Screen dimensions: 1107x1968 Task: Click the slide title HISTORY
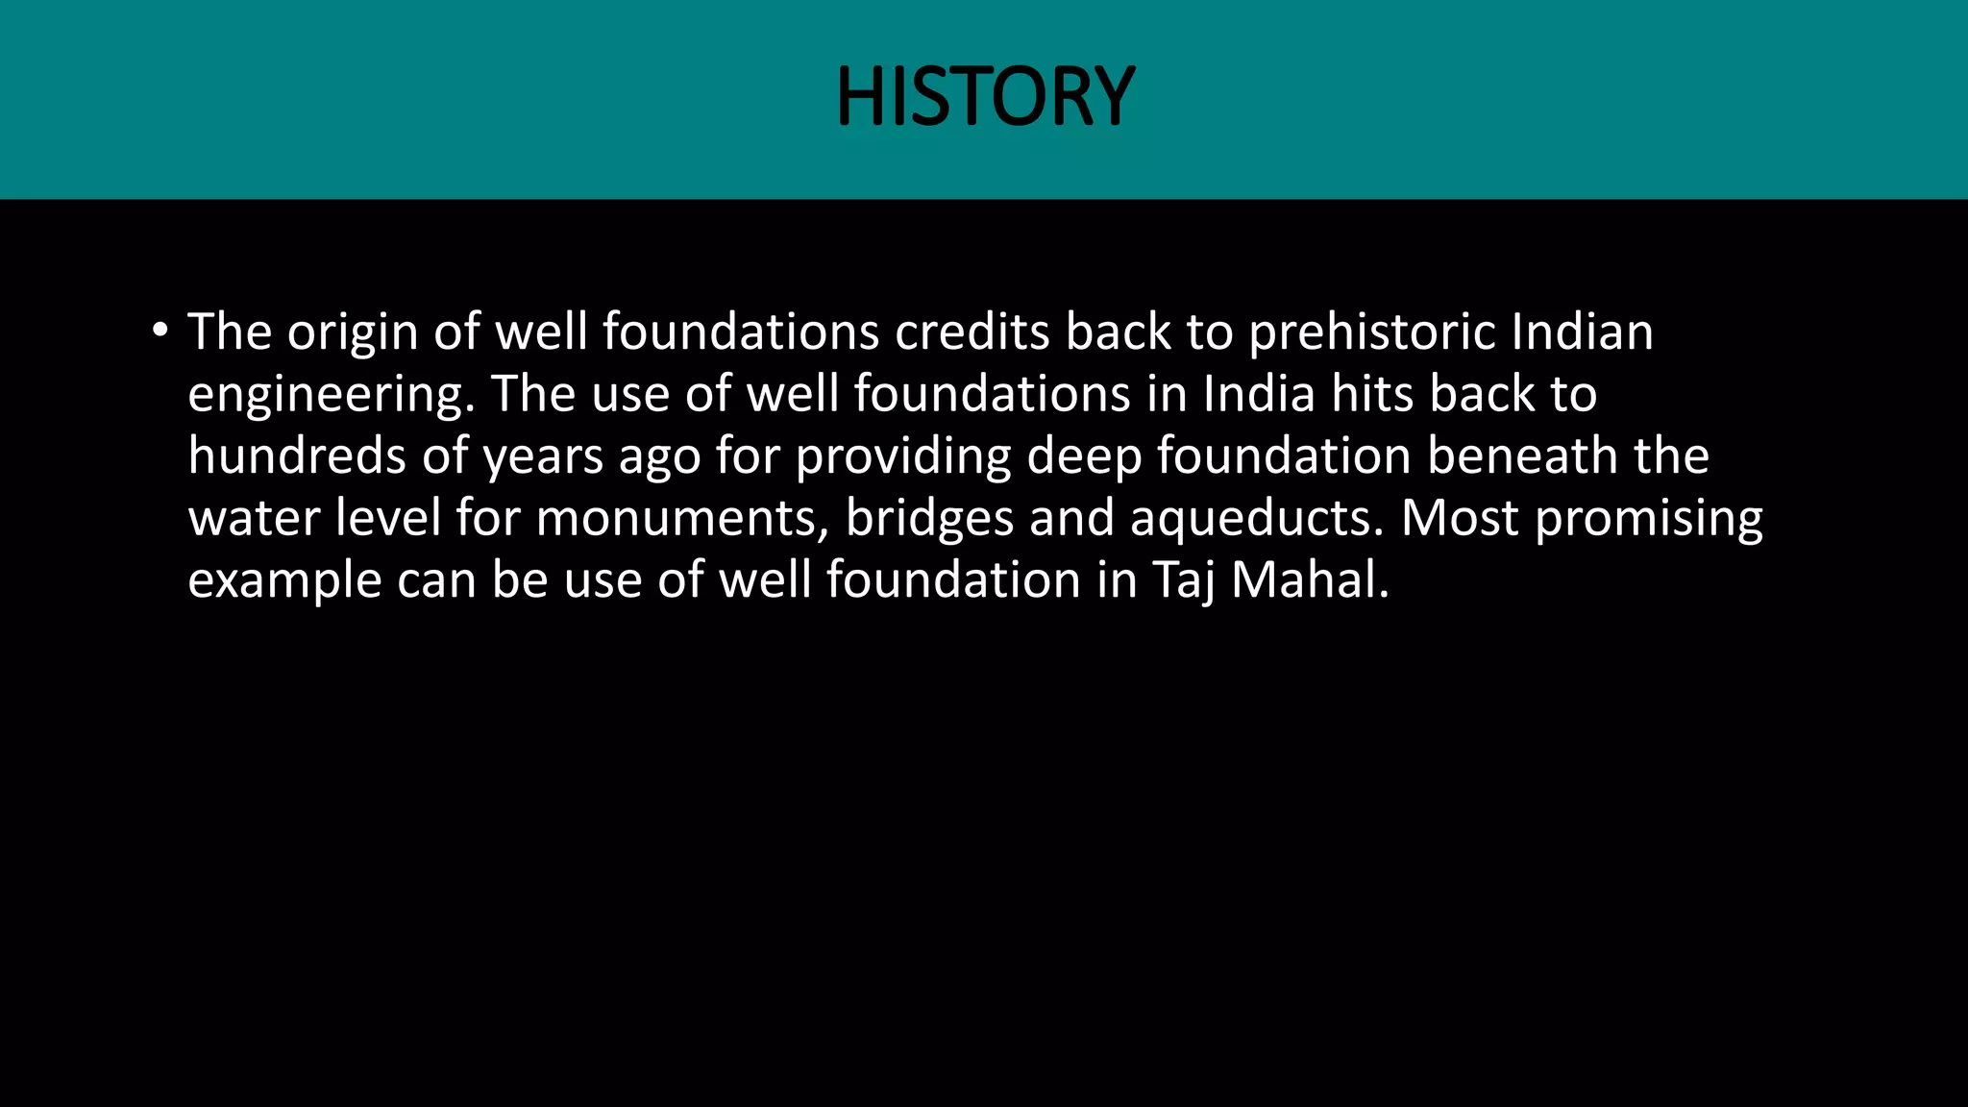click(985, 97)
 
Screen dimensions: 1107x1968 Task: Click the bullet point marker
click(160, 332)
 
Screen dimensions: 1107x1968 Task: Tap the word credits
click(972, 332)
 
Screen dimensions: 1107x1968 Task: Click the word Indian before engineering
click(1582, 332)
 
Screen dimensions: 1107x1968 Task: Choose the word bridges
click(929, 520)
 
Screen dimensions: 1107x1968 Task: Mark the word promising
click(1649, 520)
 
